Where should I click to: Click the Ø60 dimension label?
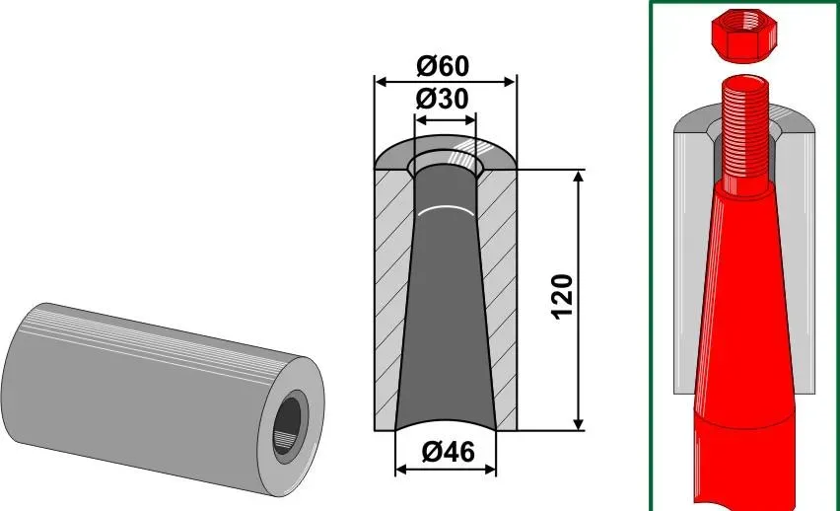click(443, 66)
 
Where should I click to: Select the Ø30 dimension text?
click(443, 100)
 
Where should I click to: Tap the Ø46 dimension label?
click(448, 452)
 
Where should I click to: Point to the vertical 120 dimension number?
click(563, 297)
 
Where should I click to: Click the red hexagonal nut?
click(743, 36)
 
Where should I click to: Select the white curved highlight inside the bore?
click(447, 209)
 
